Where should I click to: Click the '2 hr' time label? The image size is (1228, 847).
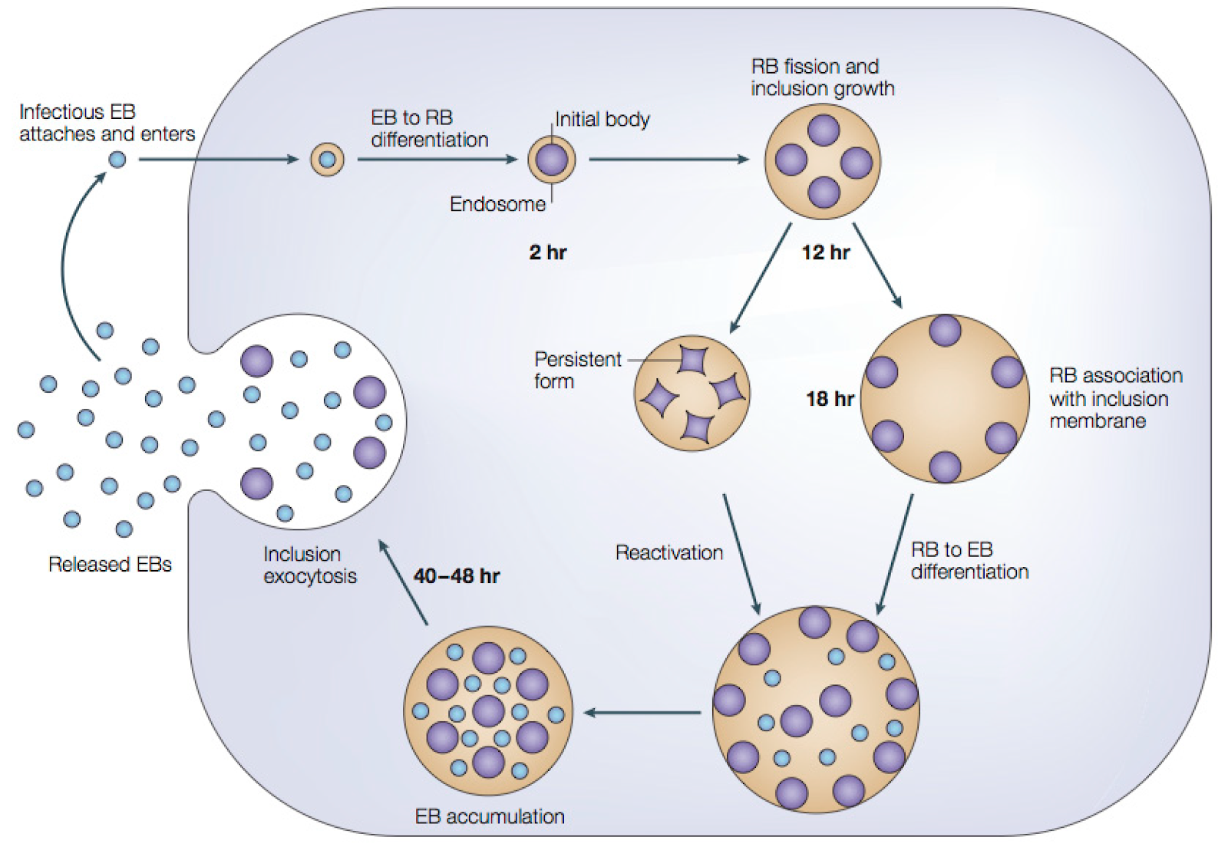tap(547, 252)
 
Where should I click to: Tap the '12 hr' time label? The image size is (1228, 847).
tap(826, 252)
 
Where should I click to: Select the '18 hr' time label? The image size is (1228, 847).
tap(830, 399)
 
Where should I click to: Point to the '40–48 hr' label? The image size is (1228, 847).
tap(457, 576)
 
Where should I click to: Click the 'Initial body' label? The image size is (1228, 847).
tap(602, 120)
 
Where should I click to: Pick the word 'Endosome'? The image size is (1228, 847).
tap(497, 204)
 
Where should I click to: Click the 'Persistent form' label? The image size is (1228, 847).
tap(577, 370)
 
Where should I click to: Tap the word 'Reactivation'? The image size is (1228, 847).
tap(669, 552)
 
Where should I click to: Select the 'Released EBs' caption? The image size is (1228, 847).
tap(110, 565)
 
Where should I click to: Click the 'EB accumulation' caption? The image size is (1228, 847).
tap(490, 816)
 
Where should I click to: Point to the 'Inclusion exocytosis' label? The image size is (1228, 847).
tap(310, 565)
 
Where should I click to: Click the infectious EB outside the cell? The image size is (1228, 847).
tap(117, 160)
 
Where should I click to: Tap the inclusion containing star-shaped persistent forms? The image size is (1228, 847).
tap(692, 393)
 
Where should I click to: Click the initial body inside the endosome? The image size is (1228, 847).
tap(552, 160)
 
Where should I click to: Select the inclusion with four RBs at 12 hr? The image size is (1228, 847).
tap(823, 162)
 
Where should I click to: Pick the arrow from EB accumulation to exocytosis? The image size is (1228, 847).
tap(403, 582)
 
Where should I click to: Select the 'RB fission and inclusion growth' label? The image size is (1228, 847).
tap(822, 77)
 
